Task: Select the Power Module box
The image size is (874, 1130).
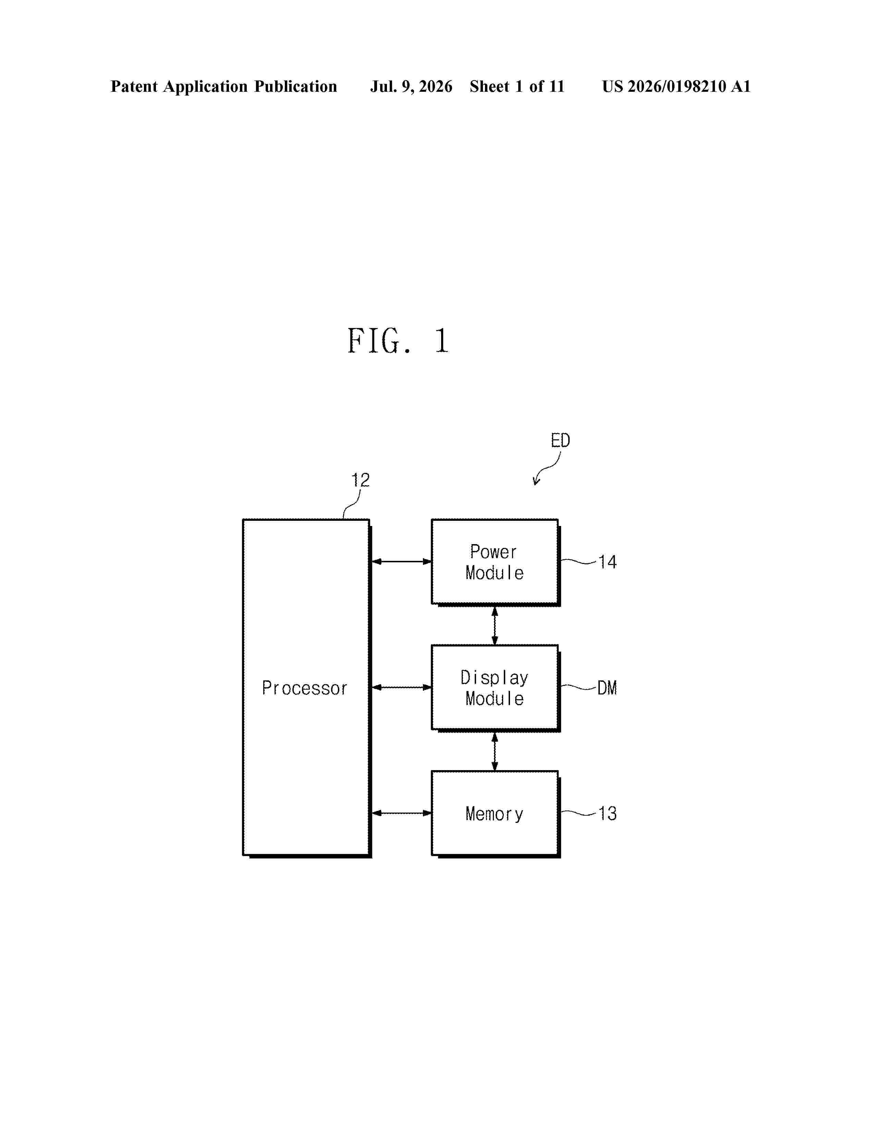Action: [x=496, y=562]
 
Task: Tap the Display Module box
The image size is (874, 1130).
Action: [x=496, y=688]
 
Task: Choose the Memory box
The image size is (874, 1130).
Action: [x=496, y=814]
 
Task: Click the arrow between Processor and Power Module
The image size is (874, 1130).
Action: [x=402, y=561]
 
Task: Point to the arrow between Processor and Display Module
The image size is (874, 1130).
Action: [x=402, y=687]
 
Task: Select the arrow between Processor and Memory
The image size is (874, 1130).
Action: [x=402, y=813]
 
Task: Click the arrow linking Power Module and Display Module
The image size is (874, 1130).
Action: [x=495, y=626]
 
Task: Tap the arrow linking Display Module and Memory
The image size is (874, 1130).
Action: [x=495, y=751]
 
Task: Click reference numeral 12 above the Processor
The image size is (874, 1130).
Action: [x=360, y=480]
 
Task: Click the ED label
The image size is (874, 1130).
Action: [x=560, y=440]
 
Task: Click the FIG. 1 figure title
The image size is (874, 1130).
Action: [x=398, y=341]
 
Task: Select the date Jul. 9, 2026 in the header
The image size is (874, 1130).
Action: [x=411, y=86]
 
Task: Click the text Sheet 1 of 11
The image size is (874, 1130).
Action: [x=517, y=86]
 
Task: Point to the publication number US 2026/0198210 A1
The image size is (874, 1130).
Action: [x=676, y=86]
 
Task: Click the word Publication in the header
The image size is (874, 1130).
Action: [x=296, y=86]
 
